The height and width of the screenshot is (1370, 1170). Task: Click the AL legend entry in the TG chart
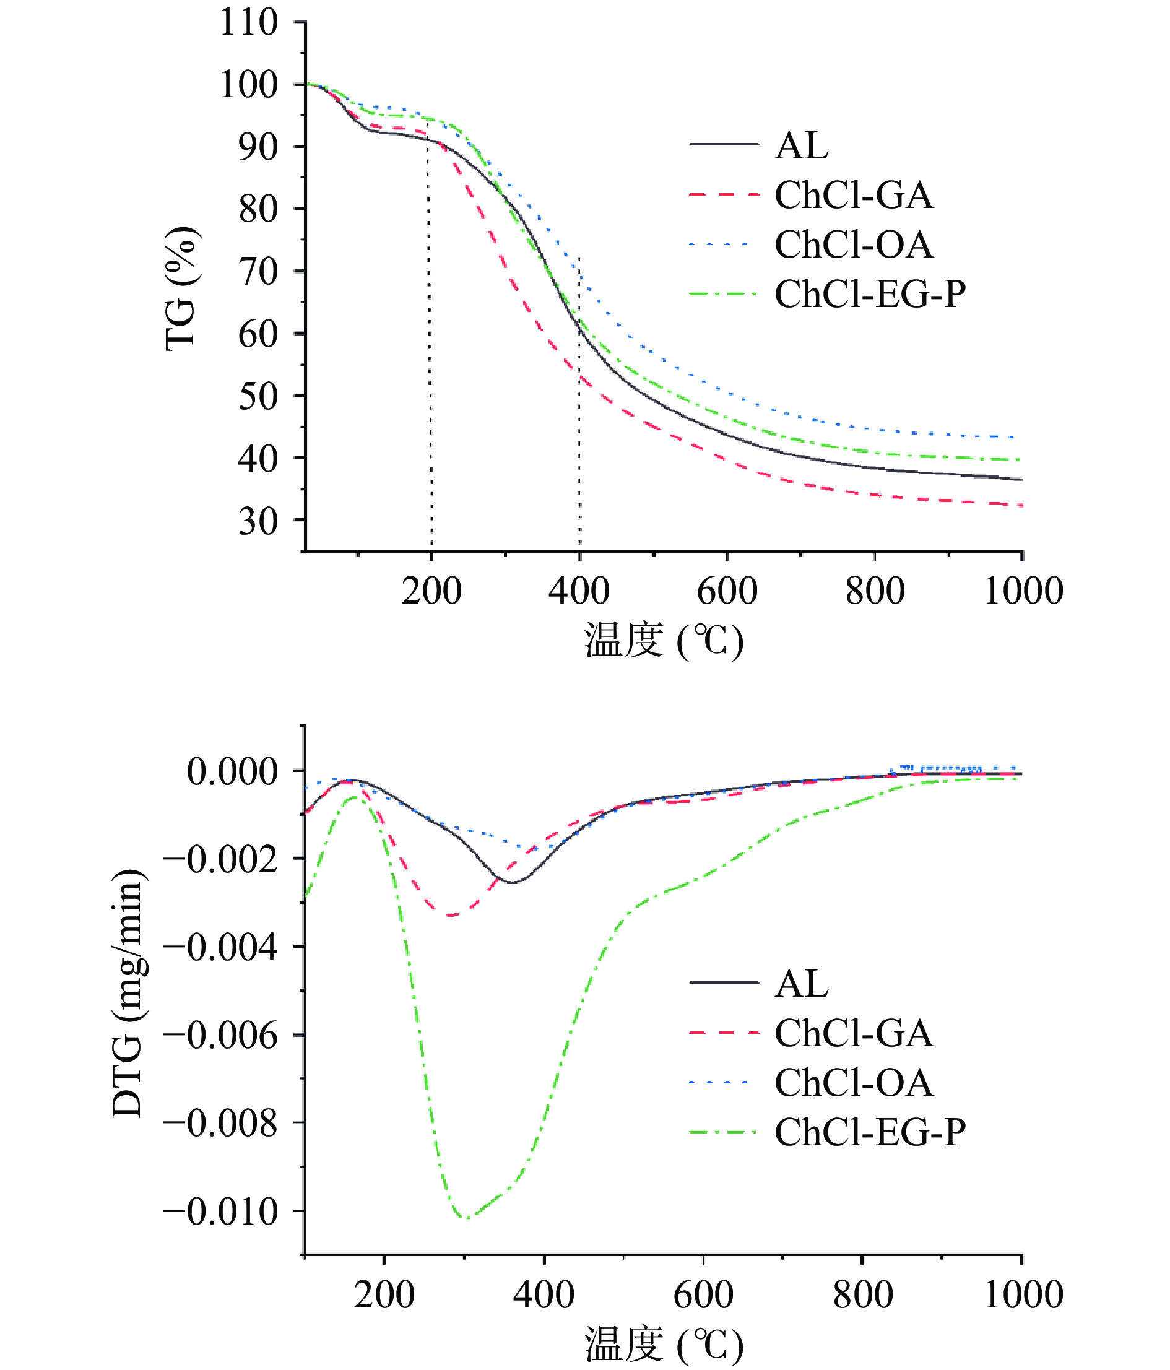click(801, 145)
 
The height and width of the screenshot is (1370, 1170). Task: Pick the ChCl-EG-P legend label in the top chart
click(870, 294)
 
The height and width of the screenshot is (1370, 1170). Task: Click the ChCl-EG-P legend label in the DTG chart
click(870, 1132)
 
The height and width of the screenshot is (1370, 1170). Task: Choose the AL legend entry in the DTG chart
click(801, 984)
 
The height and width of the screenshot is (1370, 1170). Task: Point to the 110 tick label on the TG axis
click(249, 22)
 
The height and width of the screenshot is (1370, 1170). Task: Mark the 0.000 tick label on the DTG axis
click(233, 771)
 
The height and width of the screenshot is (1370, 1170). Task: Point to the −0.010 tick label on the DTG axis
click(222, 1212)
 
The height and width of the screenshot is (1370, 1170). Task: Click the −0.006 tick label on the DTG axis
click(222, 1036)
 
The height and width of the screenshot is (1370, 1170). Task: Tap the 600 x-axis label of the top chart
click(727, 591)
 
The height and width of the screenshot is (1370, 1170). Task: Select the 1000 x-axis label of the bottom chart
click(1023, 1294)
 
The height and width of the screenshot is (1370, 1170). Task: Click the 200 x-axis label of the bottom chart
click(384, 1294)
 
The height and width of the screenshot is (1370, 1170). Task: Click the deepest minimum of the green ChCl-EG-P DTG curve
click(467, 1218)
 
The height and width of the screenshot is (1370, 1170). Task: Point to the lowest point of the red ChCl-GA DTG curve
click(451, 916)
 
